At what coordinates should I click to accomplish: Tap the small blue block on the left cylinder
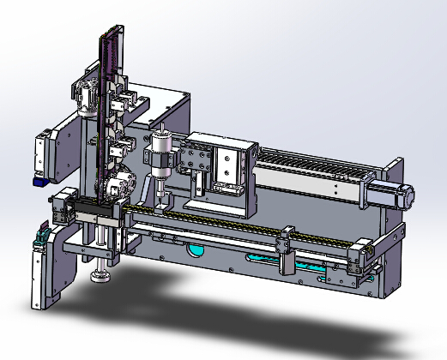coord(39,182)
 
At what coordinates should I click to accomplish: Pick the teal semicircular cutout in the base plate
coord(196,251)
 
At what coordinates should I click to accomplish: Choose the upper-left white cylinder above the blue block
coord(40,154)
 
